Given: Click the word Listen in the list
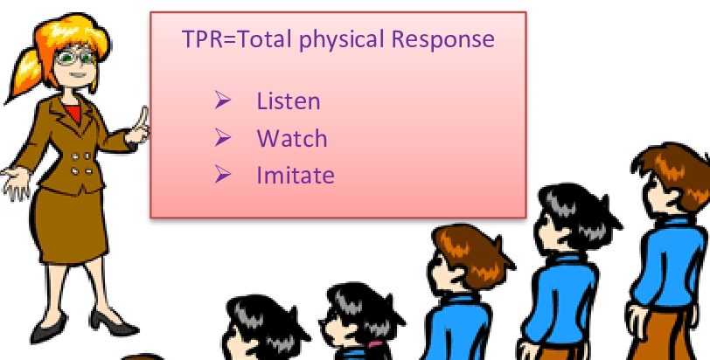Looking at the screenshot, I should tap(288, 101).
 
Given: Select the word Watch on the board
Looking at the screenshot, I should tap(291, 138).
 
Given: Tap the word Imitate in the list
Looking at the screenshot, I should tap(295, 175).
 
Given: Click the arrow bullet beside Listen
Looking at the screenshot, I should tap(222, 101).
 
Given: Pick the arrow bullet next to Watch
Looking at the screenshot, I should tap(222, 138).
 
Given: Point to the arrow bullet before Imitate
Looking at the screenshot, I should tap(222, 175).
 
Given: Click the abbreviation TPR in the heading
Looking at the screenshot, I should tap(202, 40).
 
